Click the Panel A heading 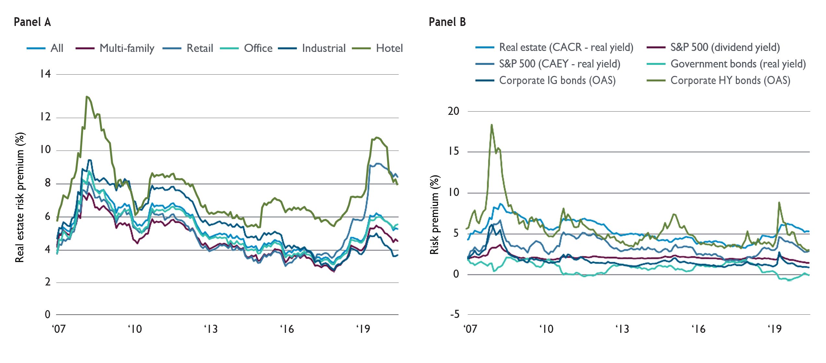tap(32, 22)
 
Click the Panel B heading tap(447, 22)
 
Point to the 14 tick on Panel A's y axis tap(45, 74)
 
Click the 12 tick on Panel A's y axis tap(45, 117)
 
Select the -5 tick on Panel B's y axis tap(455, 314)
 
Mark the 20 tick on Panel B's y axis tap(453, 111)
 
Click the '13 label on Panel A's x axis tap(211, 329)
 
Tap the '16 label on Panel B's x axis tap(698, 329)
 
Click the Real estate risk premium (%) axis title tap(20, 197)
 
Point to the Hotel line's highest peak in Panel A tap(87, 96)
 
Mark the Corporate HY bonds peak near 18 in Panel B tap(492, 125)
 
